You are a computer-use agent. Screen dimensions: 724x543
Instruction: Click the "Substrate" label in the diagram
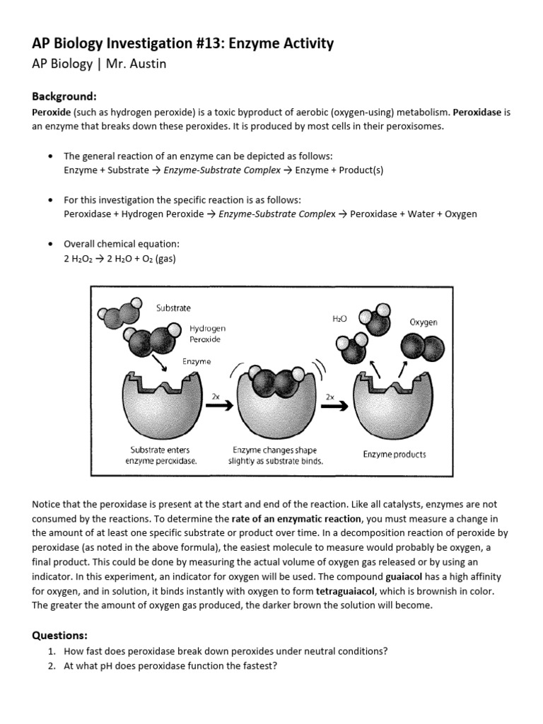[x=173, y=308]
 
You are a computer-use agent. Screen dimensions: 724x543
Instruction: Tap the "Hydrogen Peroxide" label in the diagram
[x=207, y=334]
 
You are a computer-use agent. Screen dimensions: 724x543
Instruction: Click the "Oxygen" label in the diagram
[x=424, y=322]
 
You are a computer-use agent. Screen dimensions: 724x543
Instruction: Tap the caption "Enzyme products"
[x=395, y=454]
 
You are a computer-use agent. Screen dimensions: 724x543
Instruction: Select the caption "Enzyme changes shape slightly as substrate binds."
[x=275, y=455]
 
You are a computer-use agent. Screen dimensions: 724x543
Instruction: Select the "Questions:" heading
[x=61, y=635]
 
